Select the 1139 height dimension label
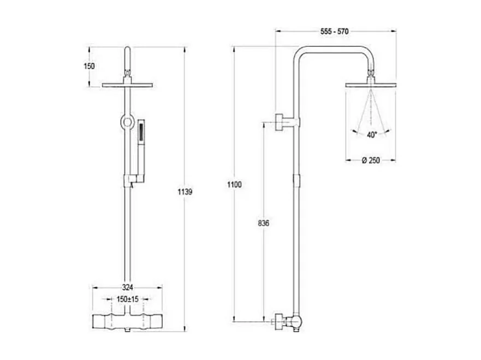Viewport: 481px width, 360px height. (x=186, y=192)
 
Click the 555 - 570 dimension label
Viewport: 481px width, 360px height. (x=335, y=31)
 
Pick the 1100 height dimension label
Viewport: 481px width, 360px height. (x=234, y=184)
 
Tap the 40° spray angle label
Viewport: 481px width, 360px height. (x=372, y=135)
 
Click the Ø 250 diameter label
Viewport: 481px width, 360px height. (x=371, y=160)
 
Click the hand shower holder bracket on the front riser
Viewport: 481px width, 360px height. (x=131, y=178)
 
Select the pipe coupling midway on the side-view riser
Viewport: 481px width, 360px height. (x=296, y=179)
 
